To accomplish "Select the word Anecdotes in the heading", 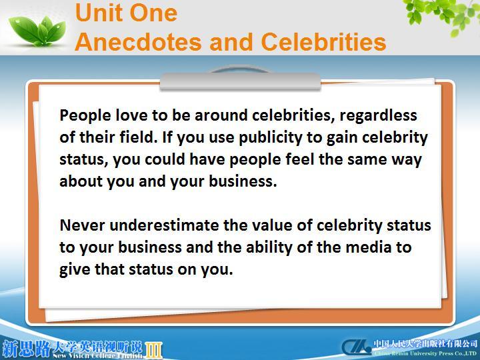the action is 138,42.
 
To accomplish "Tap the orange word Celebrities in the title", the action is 323,42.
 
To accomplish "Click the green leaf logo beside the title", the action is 37,31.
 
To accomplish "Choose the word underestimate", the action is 164,225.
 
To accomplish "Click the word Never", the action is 82,225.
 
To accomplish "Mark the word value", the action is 272,225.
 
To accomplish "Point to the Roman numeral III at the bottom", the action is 153,350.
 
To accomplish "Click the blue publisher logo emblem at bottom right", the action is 356,347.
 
